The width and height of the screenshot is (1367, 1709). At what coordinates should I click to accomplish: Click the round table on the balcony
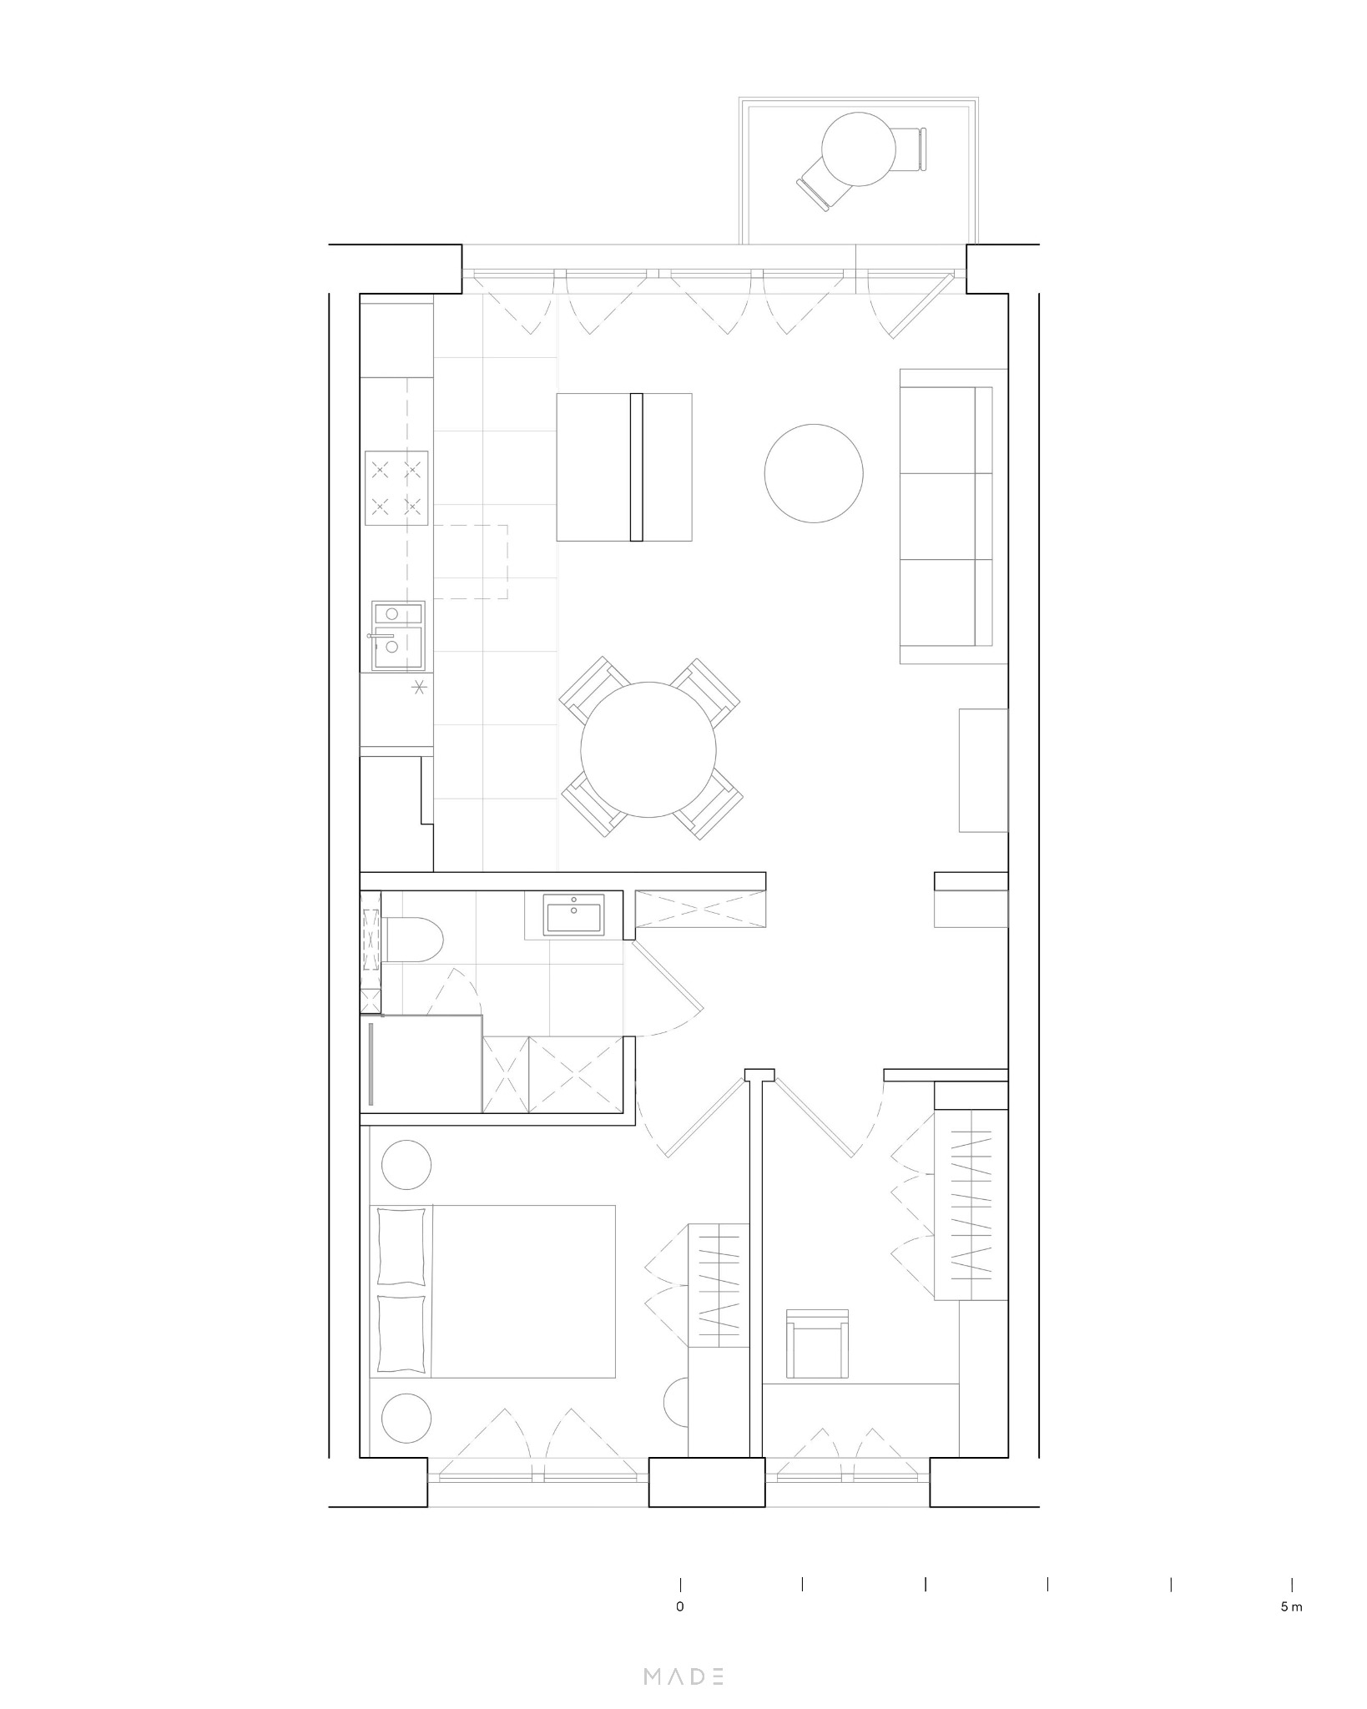coord(858,149)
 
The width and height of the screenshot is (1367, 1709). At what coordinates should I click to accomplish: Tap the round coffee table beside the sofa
coord(814,473)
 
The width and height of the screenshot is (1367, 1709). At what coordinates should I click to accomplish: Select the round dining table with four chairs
coord(648,749)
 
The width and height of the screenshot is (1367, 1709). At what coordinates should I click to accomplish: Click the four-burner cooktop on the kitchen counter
coord(396,488)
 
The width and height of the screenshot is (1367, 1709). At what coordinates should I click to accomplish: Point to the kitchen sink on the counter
coord(398,637)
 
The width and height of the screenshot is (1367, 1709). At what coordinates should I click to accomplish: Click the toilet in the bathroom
coord(415,940)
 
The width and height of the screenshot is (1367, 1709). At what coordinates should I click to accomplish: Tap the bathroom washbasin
coord(574,915)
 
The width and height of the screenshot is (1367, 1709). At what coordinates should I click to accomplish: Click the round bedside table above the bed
coord(406,1163)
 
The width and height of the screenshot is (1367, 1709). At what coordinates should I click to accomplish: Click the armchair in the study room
coord(818,1354)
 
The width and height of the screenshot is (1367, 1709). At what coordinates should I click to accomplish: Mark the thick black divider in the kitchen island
coord(636,466)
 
